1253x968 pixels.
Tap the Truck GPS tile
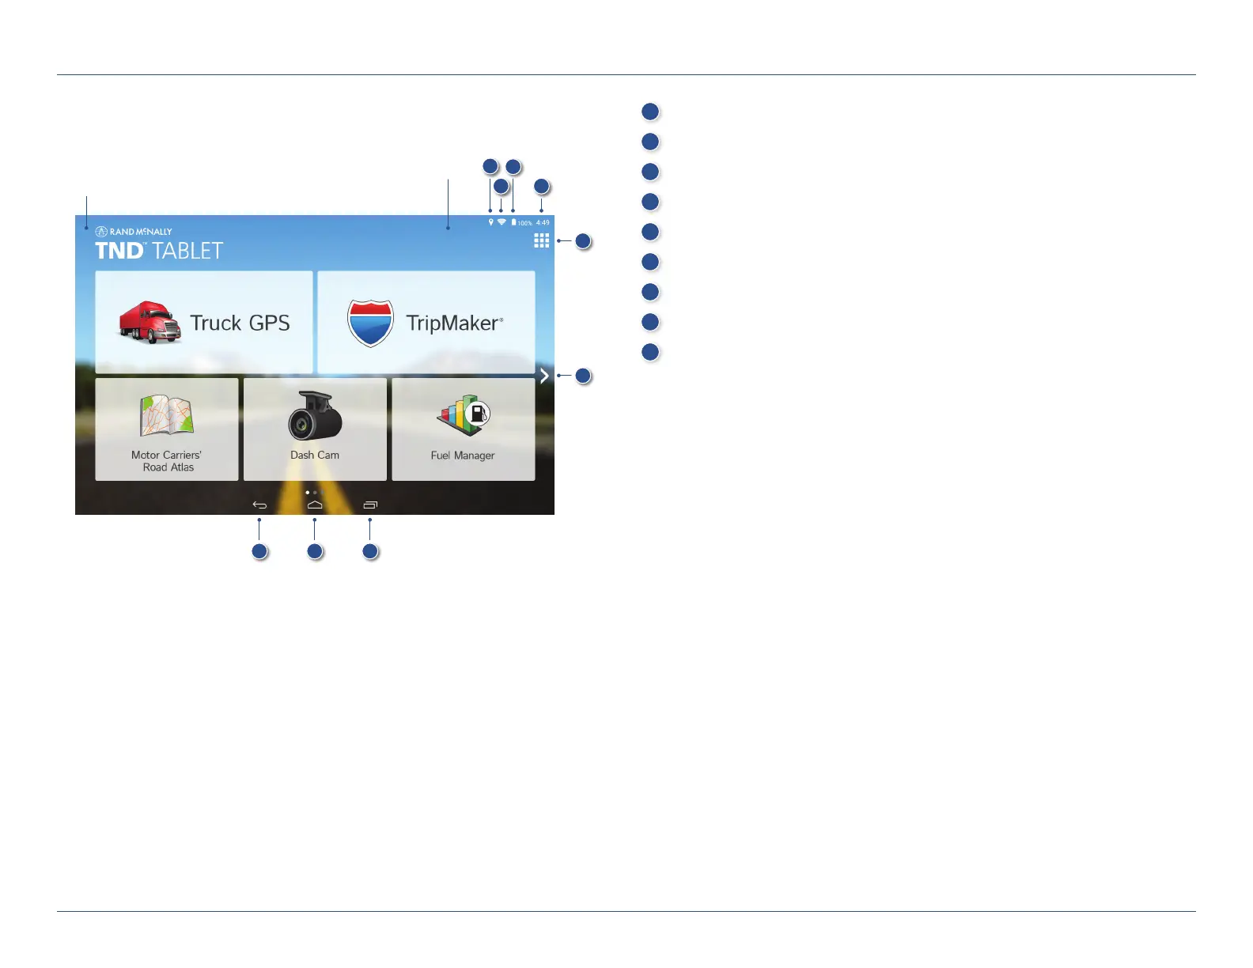[204, 323]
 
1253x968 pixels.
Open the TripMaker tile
[426, 323]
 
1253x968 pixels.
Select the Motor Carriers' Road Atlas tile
[166, 429]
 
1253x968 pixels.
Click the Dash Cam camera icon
[315, 416]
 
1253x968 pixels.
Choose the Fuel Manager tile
[463, 429]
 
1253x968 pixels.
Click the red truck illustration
[150, 323]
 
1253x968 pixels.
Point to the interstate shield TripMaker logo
[370, 323]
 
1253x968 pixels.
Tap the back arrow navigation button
[259, 505]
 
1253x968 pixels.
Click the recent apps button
[370, 505]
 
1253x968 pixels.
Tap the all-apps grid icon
[541, 240]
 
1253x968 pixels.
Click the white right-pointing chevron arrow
[544, 376]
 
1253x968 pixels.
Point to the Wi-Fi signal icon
[502, 222]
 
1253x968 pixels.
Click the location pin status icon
[490, 222]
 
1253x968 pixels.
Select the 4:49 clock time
[543, 223]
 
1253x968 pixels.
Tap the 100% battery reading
[524, 223]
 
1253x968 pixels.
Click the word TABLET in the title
[187, 251]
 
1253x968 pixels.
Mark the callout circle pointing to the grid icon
[583, 241]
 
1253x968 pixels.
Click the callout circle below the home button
[315, 551]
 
